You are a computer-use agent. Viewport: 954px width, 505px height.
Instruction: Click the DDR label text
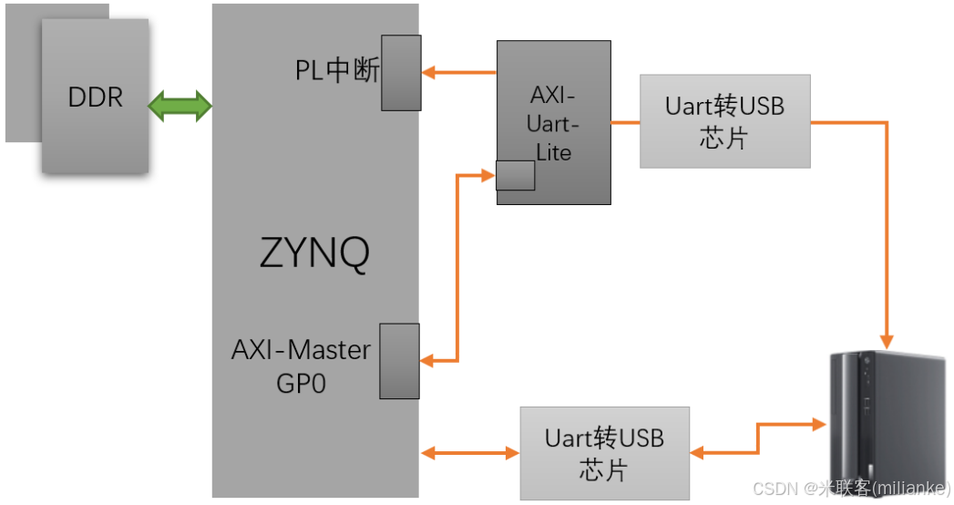(x=95, y=98)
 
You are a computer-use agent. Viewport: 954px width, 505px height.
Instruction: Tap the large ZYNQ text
(x=314, y=254)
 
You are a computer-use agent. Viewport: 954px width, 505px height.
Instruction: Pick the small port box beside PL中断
(x=401, y=73)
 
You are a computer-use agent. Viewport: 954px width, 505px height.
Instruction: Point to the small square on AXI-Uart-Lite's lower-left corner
(x=515, y=175)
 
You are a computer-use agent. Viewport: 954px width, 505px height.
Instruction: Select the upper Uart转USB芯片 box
(x=724, y=121)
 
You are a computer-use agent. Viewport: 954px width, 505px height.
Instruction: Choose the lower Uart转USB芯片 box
(x=604, y=453)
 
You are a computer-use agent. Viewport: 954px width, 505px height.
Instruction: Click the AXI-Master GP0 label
(x=301, y=366)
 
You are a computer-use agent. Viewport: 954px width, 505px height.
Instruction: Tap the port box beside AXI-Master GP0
(x=399, y=361)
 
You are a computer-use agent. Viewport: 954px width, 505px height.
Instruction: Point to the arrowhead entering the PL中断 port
(x=428, y=72)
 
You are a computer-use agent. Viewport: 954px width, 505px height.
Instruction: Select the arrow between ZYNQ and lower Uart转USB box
(x=469, y=452)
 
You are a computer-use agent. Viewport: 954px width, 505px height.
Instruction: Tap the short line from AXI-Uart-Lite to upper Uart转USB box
(x=625, y=121)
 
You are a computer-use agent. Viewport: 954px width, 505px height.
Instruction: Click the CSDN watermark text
(x=851, y=489)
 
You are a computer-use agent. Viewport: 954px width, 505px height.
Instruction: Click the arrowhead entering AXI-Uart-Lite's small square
(x=488, y=174)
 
